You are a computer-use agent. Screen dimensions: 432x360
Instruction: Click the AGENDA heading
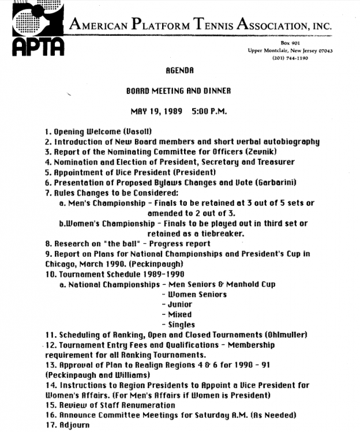[179, 71]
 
